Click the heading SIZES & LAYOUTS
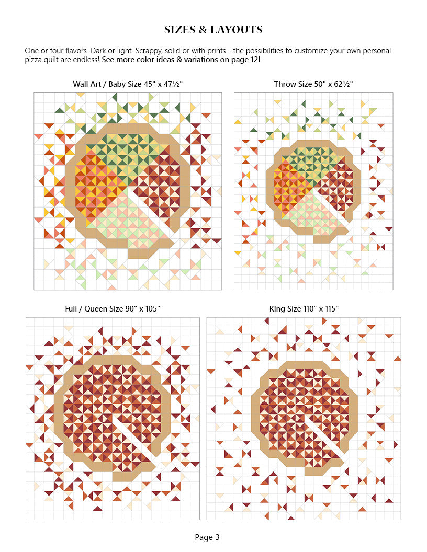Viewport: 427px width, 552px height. tap(213, 30)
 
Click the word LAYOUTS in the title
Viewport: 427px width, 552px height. tap(236, 30)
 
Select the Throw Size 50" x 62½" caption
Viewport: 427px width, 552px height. tap(313, 84)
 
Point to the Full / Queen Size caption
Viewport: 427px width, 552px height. tap(113, 309)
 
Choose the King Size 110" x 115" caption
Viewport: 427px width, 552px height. tap(304, 309)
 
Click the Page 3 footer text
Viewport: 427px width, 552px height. tap(207, 537)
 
